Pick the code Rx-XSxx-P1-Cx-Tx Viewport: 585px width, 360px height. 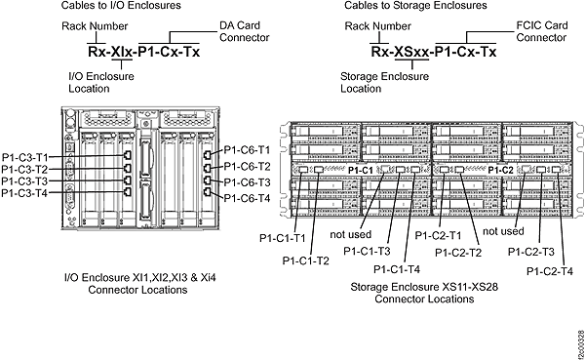click(433, 52)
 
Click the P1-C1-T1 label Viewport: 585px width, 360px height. click(283, 237)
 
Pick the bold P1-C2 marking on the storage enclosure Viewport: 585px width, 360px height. click(500, 170)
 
